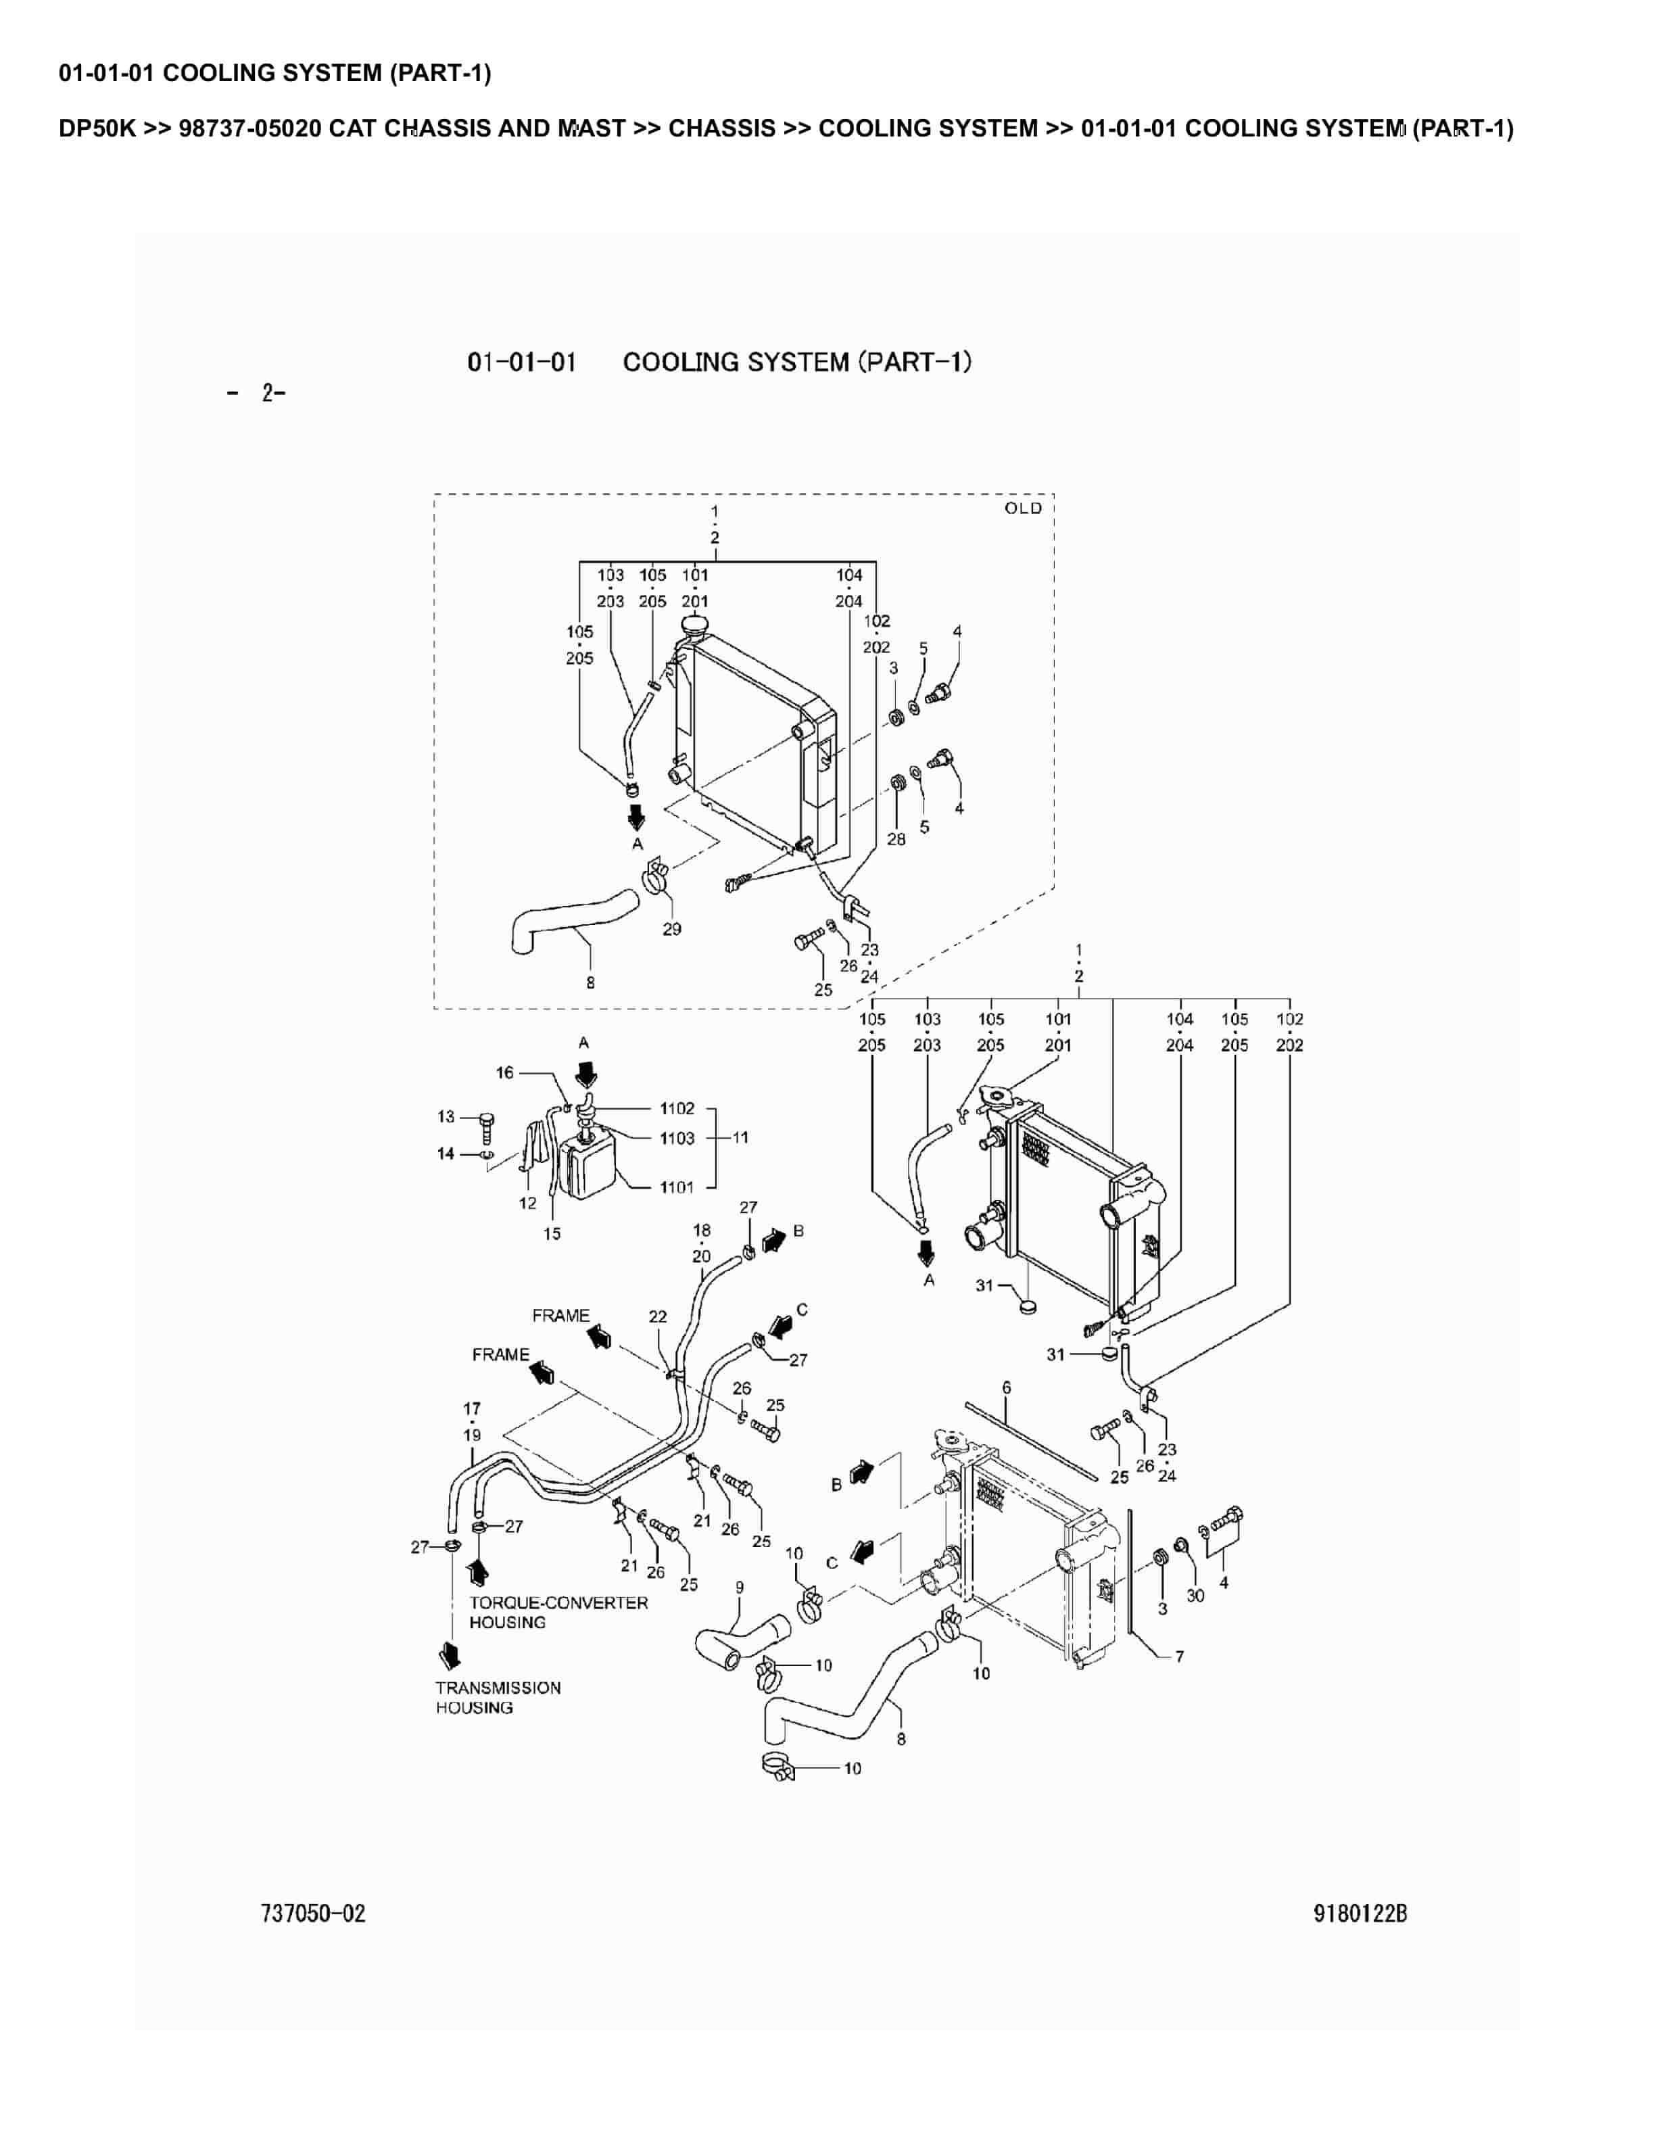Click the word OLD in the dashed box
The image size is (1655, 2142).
[x=1023, y=508]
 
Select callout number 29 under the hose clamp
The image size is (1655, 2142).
[x=671, y=929]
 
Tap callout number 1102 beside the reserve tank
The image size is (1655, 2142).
[x=677, y=1108]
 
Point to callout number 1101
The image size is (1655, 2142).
[x=677, y=1188]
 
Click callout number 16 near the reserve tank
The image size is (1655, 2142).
[x=504, y=1073]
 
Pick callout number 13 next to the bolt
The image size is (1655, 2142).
[x=446, y=1116]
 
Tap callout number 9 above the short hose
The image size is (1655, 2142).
[x=739, y=1588]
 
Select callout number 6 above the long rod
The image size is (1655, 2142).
[x=1006, y=1388]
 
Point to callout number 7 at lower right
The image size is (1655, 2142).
[x=1180, y=1657]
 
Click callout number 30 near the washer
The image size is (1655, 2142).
[x=1195, y=1596]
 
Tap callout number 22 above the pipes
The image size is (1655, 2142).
[x=658, y=1316]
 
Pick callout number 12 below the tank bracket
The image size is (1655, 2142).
[x=527, y=1204]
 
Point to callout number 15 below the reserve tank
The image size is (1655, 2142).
[x=552, y=1234]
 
